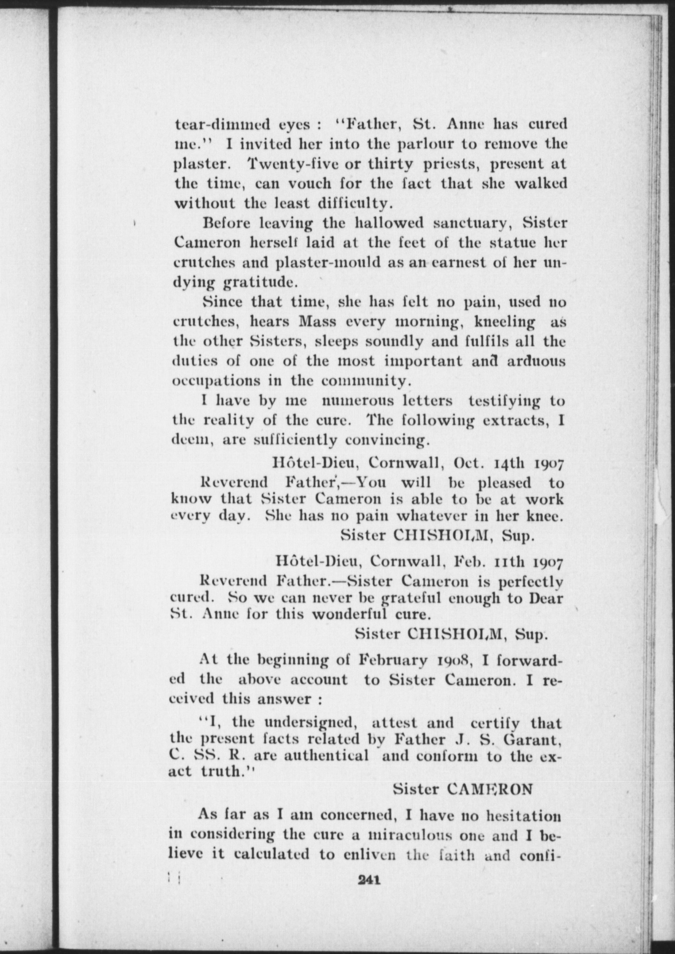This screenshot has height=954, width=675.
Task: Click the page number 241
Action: pos(368,880)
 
